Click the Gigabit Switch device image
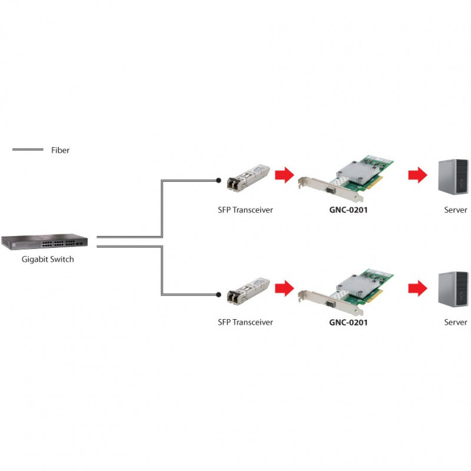point(45,241)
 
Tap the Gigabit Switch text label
point(48,259)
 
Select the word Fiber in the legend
point(60,150)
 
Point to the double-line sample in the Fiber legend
point(28,150)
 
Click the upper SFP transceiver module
point(248,178)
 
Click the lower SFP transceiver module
point(248,291)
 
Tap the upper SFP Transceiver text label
point(246,210)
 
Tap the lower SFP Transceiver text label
point(246,322)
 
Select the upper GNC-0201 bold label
point(349,210)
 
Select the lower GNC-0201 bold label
point(349,322)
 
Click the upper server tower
point(453,177)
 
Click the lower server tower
point(453,289)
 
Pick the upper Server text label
point(455,210)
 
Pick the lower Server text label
point(455,322)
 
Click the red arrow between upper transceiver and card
point(284,174)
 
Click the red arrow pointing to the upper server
point(417,174)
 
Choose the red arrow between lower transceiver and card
point(284,288)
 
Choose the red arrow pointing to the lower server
point(417,288)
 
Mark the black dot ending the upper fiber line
point(218,180)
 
